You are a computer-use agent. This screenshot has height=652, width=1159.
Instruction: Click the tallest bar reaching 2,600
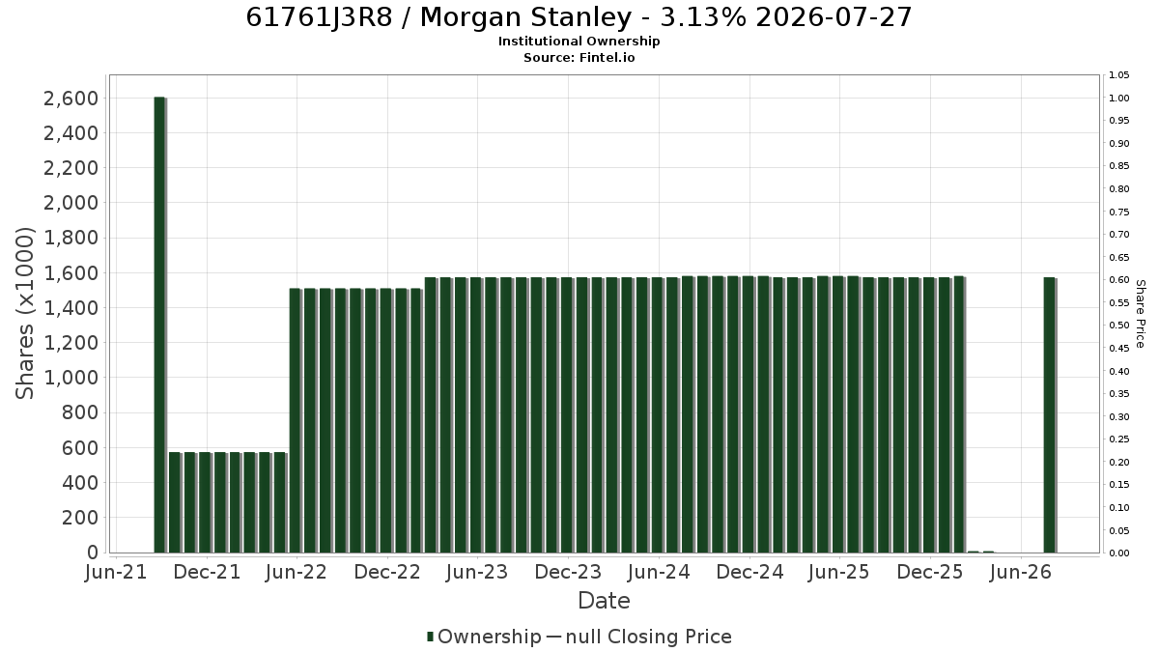(x=160, y=325)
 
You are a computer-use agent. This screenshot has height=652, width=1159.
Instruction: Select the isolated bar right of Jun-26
(x=1049, y=415)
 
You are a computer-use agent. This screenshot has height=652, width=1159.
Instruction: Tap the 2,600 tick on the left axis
(x=71, y=99)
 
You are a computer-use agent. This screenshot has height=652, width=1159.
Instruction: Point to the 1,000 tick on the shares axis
(x=71, y=378)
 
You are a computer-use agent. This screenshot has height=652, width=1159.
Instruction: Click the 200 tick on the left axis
(x=79, y=518)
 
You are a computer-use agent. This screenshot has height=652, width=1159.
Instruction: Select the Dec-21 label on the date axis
(x=207, y=572)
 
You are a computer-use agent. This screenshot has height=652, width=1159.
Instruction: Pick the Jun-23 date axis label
(x=477, y=572)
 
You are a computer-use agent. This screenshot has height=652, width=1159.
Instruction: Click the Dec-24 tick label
(x=749, y=572)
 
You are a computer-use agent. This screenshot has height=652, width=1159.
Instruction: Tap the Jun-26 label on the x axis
(x=1020, y=572)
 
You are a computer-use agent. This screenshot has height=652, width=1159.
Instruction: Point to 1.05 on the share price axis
(x=1119, y=75)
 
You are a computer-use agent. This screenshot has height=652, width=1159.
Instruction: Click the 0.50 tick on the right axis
(x=1119, y=326)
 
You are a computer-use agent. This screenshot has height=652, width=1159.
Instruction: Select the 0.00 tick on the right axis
(x=1119, y=553)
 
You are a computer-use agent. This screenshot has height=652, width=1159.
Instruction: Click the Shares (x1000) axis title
(x=24, y=314)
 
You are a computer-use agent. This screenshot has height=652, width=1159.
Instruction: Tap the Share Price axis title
(x=1140, y=314)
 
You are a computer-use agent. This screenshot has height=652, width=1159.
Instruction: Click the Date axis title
(x=604, y=601)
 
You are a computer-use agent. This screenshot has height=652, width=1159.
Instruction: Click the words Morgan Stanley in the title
(x=525, y=17)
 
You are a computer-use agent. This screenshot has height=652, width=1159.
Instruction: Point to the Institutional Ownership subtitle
(x=579, y=42)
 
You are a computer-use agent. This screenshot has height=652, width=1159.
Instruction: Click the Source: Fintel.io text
(x=579, y=57)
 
